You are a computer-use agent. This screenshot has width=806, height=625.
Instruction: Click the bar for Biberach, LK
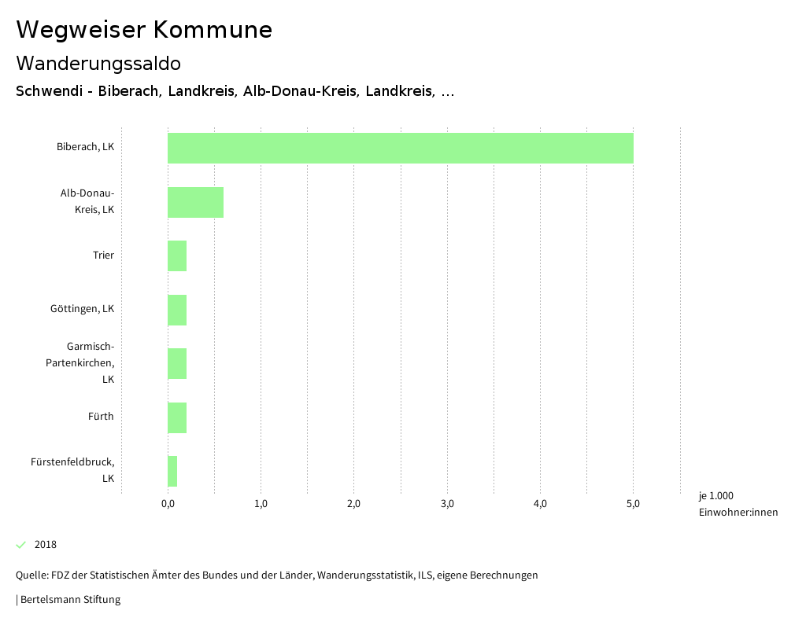400,148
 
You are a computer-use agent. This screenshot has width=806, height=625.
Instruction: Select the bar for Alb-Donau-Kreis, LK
195,202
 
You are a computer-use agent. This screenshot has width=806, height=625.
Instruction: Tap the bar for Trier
177,256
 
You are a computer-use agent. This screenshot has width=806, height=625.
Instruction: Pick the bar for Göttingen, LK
177,309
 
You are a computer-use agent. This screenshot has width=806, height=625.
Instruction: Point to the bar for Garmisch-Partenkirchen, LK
177,363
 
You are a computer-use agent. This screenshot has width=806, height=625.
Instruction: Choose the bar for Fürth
177,417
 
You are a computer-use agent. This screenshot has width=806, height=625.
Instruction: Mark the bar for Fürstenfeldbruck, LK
172,471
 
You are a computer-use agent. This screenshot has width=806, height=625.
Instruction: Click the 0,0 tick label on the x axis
168,504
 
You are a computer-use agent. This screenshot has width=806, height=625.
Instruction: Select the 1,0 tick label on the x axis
261,504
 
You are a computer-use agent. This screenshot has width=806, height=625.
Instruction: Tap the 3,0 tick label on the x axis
447,504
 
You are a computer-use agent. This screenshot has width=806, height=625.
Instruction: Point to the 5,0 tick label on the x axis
633,504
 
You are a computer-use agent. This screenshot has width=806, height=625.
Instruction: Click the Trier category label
103,256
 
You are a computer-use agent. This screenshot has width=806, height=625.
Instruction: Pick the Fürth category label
101,417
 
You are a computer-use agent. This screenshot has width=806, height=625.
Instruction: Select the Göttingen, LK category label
82,309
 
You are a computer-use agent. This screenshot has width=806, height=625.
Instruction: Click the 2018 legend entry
45,545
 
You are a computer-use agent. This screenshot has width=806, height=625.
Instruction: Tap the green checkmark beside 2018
21,545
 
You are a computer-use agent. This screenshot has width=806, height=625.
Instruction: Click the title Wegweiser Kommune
144,30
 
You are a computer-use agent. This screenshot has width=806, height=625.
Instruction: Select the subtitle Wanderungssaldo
98,63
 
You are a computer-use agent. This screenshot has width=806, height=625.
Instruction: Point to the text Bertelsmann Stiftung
70,600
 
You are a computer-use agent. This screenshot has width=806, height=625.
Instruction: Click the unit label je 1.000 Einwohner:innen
738,504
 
